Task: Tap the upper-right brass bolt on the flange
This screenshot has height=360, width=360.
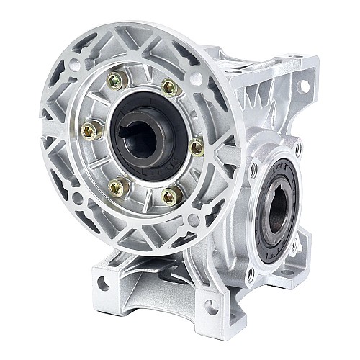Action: (169, 87)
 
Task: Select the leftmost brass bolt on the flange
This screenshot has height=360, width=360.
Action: (89, 130)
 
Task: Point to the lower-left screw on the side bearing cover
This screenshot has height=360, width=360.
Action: (251, 273)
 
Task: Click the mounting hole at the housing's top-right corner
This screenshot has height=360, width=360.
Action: (303, 86)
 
